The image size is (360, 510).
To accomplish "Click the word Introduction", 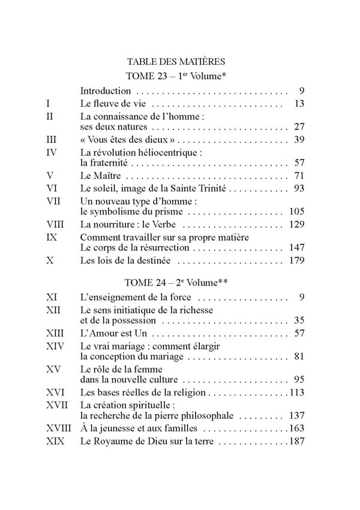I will (106, 91).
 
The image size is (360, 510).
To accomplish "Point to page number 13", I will (301, 104).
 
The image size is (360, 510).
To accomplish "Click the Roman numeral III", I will (52, 140).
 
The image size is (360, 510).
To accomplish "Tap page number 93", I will (301, 188).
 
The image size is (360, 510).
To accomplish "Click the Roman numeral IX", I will (52, 238).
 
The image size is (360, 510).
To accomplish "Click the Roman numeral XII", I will (53, 310).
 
